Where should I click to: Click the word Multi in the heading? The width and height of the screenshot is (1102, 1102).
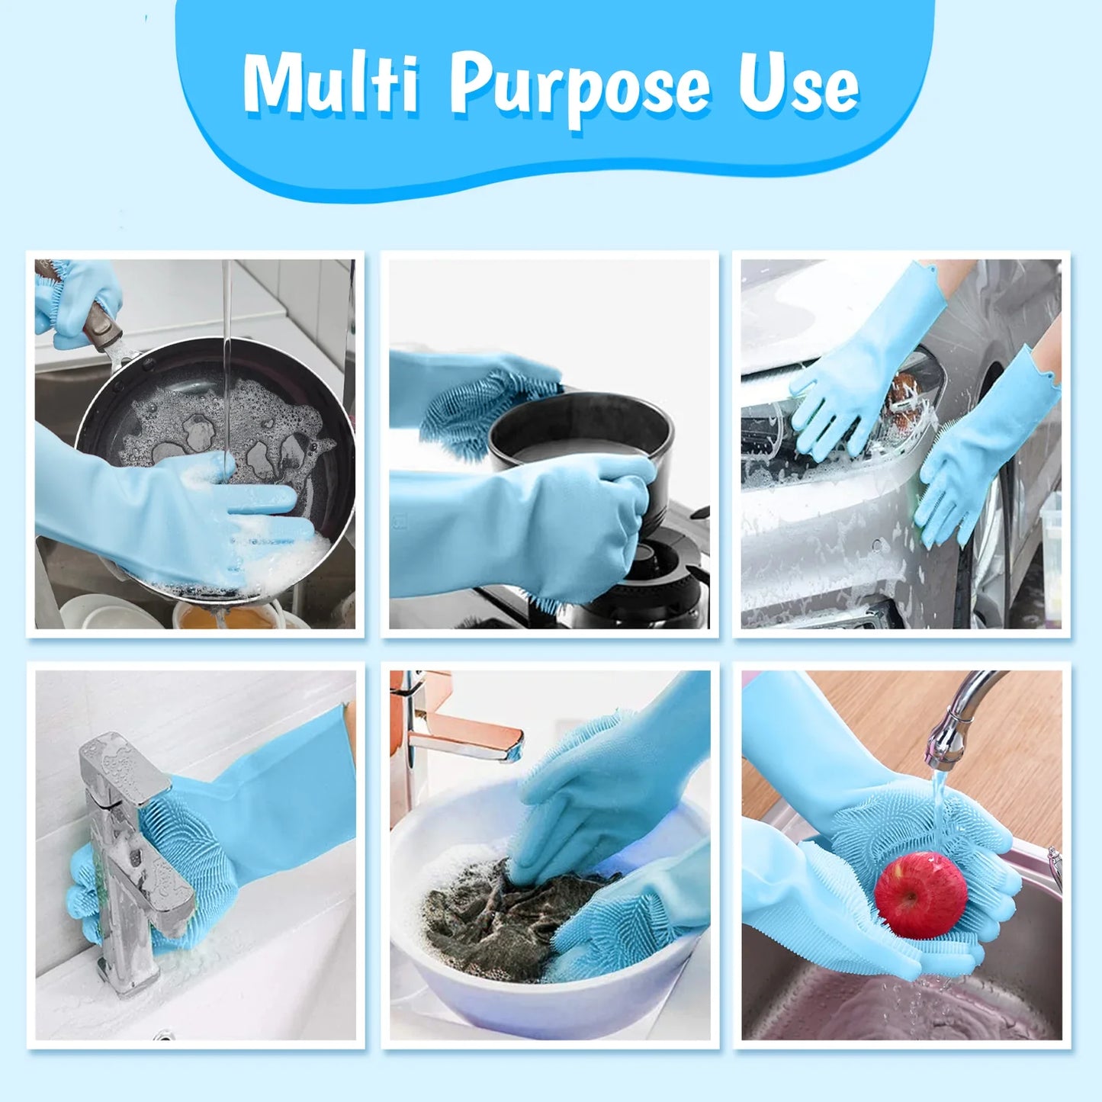(332, 84)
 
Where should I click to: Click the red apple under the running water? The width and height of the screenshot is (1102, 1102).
(920, 894)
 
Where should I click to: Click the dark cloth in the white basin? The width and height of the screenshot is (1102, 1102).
(488, 923)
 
